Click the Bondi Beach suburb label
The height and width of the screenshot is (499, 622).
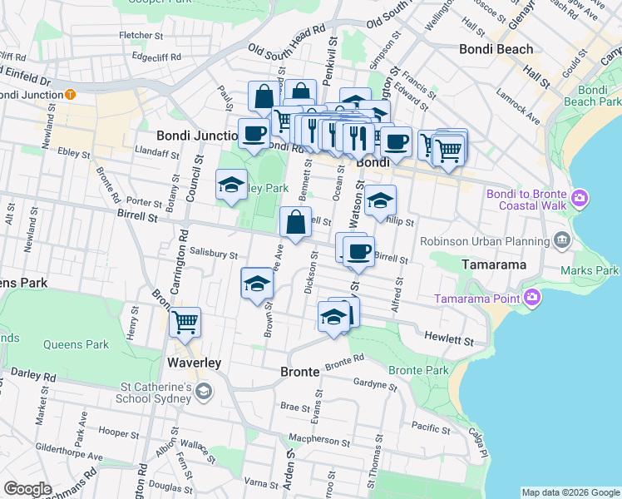(496, 50)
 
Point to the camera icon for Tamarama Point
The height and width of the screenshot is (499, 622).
(533, 297)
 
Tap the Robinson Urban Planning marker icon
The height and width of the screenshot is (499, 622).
(561, 241)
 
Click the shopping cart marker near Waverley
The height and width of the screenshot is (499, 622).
(185, 321)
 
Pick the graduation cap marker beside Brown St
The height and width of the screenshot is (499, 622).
(257, 284)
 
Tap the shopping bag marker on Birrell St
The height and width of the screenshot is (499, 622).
(296, 223)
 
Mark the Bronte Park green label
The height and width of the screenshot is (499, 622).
(418, 370)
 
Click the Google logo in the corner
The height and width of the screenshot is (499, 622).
(28, 489)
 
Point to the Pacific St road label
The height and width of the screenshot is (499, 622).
(430, 427)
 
